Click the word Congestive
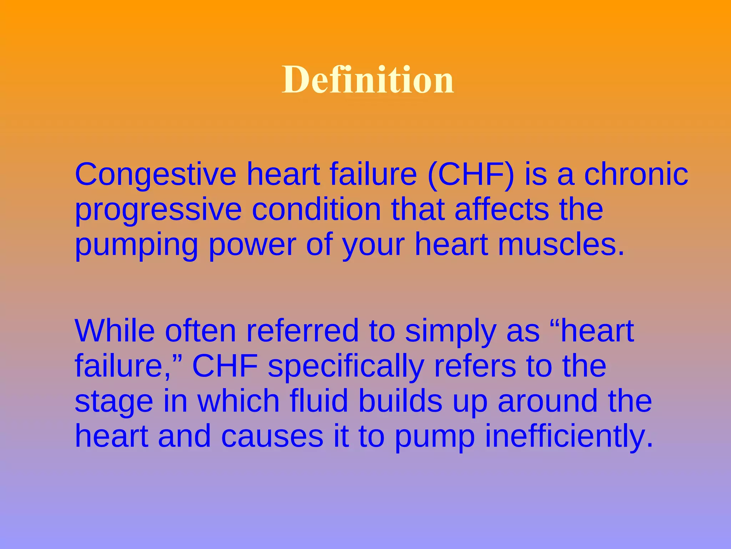[156, 175]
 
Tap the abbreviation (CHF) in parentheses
[471, 175]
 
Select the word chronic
[636, 174]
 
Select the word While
[115, 331]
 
